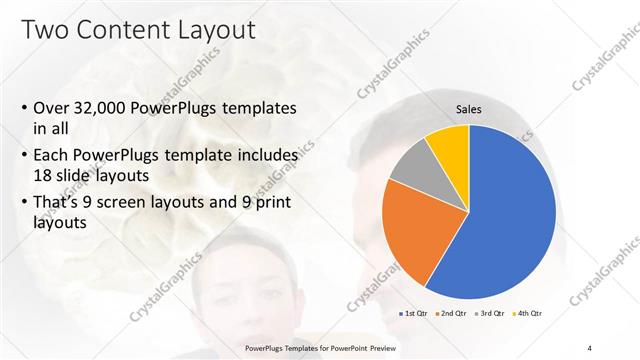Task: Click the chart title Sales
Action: click(x=468, y=110)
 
